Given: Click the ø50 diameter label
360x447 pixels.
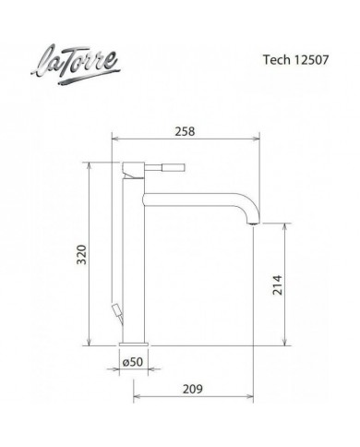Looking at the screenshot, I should pos(134,361).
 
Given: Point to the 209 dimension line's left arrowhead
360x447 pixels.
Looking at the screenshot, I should pos(138,398).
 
